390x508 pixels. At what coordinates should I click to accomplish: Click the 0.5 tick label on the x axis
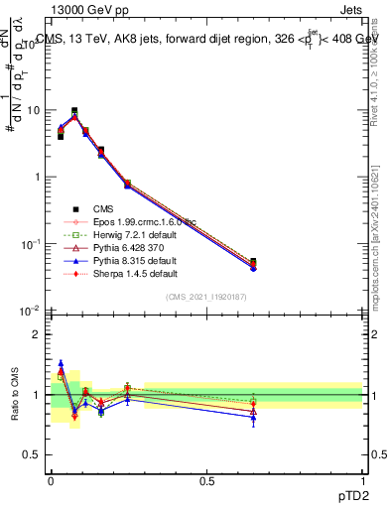coord(206,481)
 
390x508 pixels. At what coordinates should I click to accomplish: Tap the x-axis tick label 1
coord(362,481)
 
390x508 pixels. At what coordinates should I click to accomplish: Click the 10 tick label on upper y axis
coord(34,110)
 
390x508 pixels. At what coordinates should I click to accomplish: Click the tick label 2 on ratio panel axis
coord(38,334)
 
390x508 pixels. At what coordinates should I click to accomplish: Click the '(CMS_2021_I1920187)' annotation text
coord(206,297)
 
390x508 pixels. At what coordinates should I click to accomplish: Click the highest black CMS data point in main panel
coord(74,111)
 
